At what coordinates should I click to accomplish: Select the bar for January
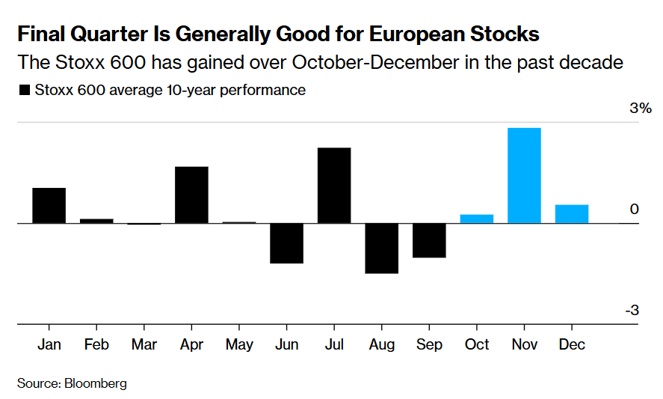(49, 205)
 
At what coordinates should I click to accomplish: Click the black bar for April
(191, 195)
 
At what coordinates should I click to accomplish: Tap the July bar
(334, 185)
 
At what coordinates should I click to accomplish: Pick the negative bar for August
(381, 248)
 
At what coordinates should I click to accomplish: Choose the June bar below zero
(286, 243)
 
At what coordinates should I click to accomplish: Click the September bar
(429, 240)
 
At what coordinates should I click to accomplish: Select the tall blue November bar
(524, 175)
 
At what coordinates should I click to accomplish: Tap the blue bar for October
(476, 219)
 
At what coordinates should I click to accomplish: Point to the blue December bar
(572, 213)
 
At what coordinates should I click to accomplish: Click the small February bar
(96, 221)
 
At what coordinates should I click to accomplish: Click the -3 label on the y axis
(632, 311)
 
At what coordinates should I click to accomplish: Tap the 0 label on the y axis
(635, 209)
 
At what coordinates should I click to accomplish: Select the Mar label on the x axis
(144, 344)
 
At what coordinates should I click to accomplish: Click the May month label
(239, 344)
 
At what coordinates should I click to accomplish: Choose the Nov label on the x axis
(524, 344)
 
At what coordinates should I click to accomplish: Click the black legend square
(25, 91)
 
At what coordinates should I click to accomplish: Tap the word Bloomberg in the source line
(95, 383)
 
